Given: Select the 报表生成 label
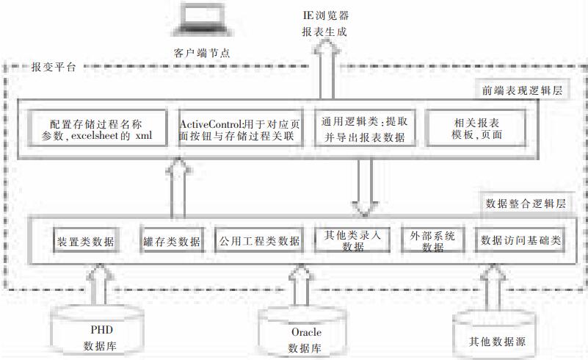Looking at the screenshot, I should (x=324, y=32).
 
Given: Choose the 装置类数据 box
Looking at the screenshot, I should (x=86, y=240).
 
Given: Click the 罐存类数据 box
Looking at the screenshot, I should (x=171, y=240).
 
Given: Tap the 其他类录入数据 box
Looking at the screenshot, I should (x=353, y=241).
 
